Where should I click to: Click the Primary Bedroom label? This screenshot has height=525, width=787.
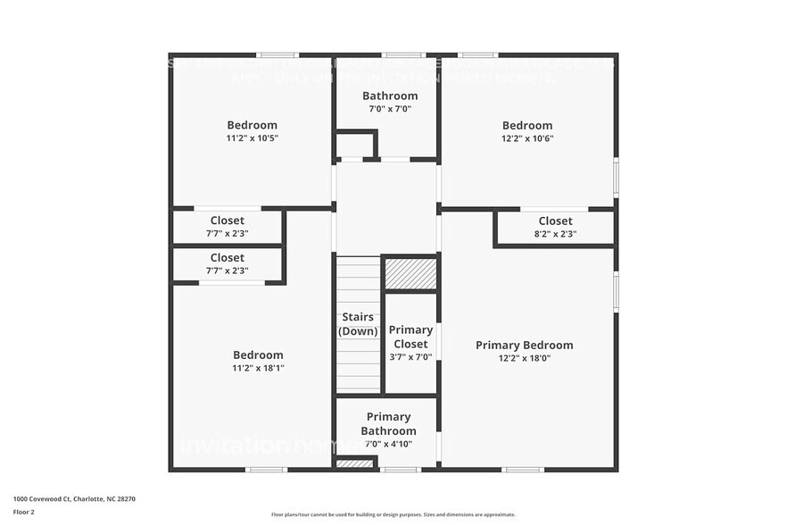coord(524,346)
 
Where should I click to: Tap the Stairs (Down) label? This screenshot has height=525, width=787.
coord(359,324)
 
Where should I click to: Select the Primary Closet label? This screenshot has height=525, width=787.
coord(410,337)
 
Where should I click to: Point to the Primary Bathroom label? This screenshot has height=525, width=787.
coord(389,423)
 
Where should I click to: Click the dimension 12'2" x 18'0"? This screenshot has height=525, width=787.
coord(524,358)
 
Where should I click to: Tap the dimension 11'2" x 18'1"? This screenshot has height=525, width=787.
coord(258,368)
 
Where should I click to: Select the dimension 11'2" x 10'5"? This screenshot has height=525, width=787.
coord(252,138)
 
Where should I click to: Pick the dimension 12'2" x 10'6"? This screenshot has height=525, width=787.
coord(526,138)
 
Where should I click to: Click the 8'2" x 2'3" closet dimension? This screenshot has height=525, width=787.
coord(555,234)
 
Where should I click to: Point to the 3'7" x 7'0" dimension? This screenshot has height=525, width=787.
coord(410,356)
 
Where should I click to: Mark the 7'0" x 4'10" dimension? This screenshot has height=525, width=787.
coord(389,444)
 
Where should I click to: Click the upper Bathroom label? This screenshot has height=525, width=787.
coord(390,96)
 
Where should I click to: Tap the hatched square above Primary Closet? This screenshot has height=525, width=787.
coord(410,273)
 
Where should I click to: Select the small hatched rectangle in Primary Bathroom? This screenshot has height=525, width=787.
coord(354,464)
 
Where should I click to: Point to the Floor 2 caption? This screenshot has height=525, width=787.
coord(24,512)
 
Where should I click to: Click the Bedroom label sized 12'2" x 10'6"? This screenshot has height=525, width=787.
coord(526,126)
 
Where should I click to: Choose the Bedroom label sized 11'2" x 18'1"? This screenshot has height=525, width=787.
coord(258,355)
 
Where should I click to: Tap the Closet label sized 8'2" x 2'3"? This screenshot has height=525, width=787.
coord(555,221)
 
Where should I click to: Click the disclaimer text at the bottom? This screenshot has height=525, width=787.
coord(393,514)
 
